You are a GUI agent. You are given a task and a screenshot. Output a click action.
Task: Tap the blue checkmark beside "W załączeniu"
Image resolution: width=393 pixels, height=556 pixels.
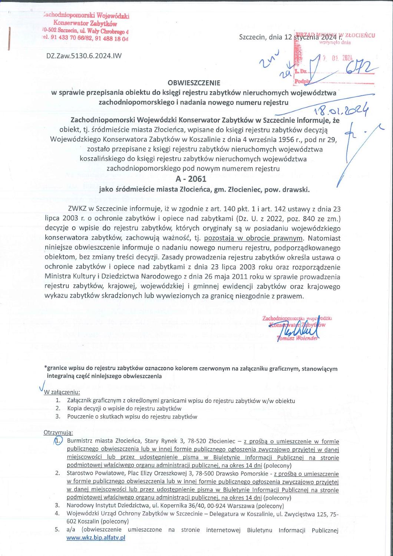tap(41, 388)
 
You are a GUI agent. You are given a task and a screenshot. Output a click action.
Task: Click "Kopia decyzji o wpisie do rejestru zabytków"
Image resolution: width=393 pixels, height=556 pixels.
tap(124, 408)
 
